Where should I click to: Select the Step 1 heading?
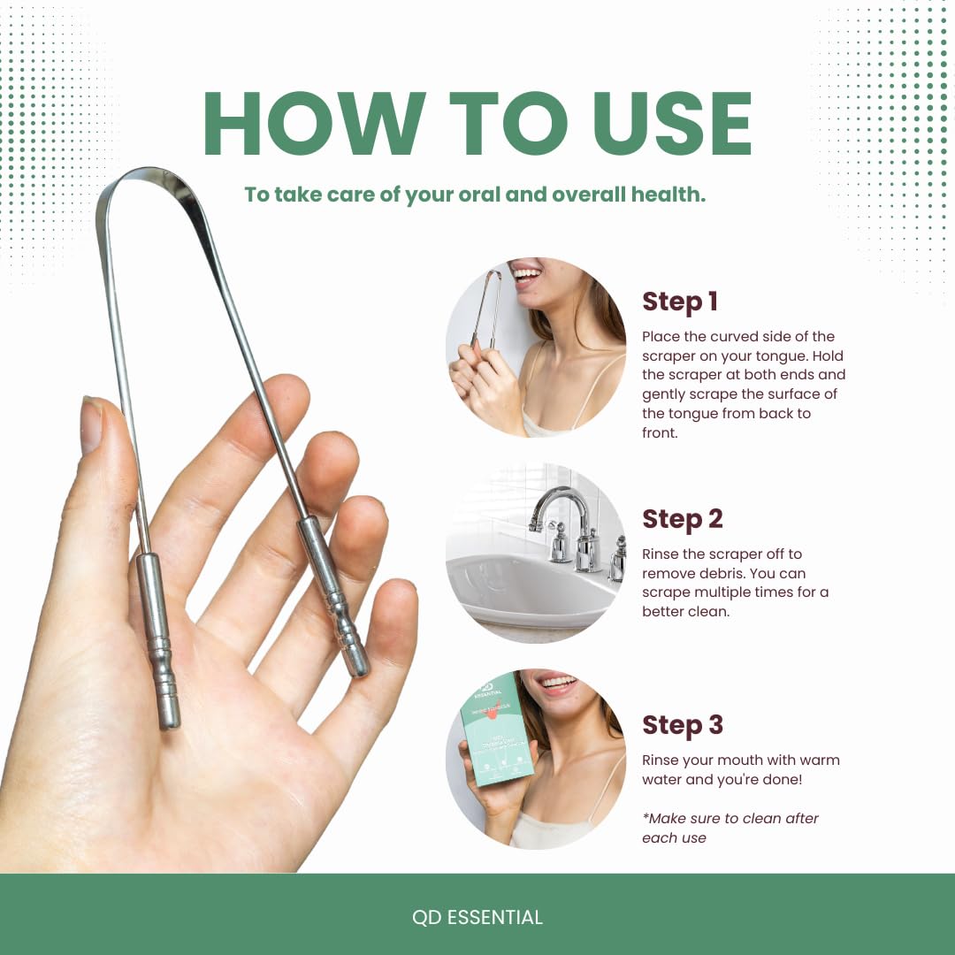(679, 302)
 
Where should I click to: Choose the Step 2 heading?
(682, 519)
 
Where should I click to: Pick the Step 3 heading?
(682, 725)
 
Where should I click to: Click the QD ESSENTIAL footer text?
(477, 917)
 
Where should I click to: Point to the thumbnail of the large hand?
(91, 425)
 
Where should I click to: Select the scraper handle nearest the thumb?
(157, 638)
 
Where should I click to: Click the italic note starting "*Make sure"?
(730, 828)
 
